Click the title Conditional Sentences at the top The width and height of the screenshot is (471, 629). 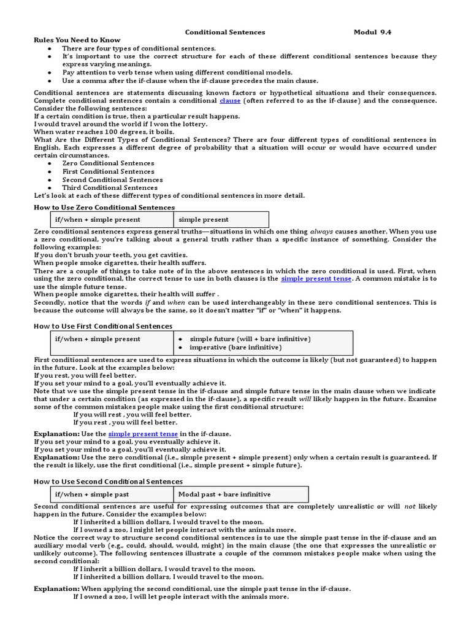coord(225,32)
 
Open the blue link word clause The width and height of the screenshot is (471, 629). coord(230,100)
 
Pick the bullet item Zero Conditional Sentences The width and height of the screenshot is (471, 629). coord(108,163)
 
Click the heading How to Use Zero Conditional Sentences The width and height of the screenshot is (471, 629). coord(104,208)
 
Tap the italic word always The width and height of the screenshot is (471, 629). coord(322,232)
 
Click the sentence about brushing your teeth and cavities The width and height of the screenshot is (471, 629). coord(110,255)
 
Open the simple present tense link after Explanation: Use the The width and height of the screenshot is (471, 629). coord(143,434)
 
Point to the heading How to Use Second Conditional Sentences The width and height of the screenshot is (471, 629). coord(108,482)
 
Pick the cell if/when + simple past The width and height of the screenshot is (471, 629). coord(92,494)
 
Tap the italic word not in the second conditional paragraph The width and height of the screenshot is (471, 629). coord(410,507)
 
